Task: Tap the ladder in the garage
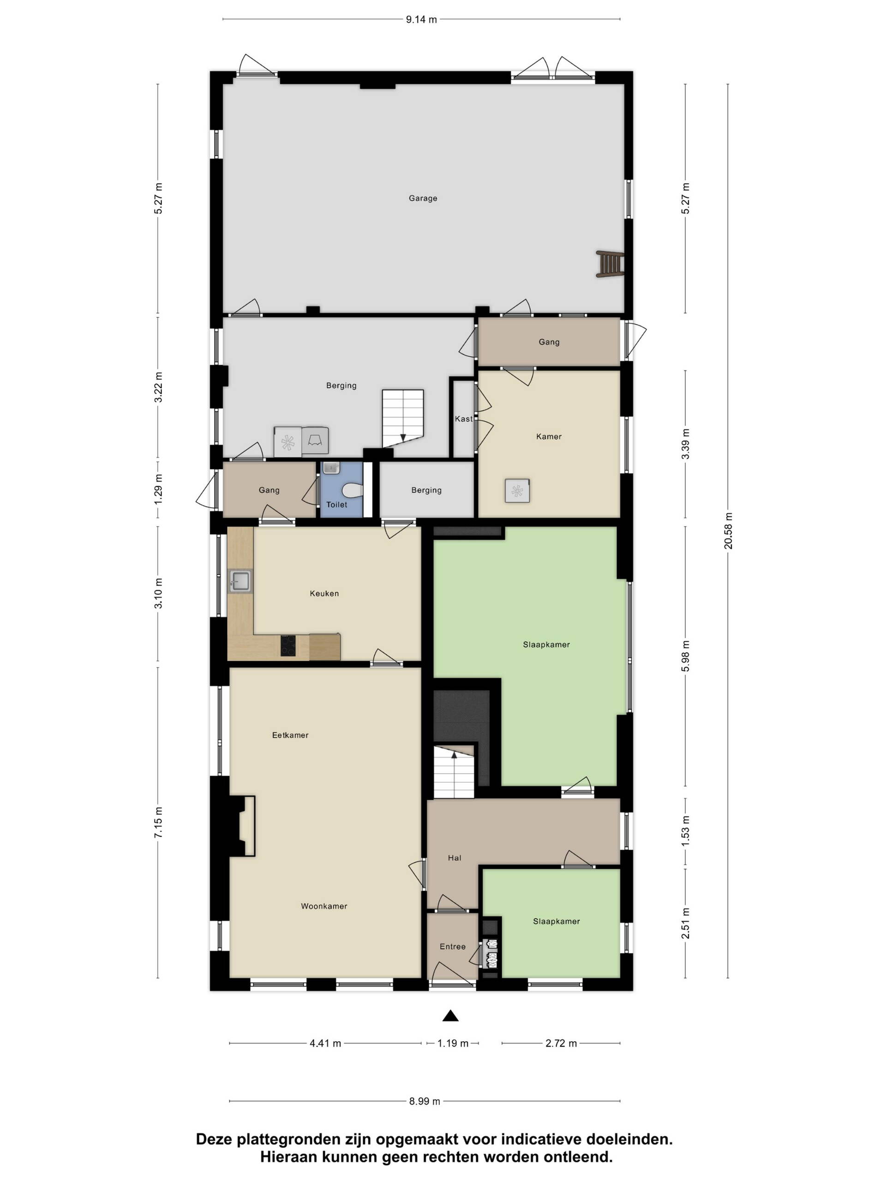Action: click(610, 264)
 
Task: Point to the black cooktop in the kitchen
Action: click(288, 645)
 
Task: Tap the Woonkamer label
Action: click(323, 906)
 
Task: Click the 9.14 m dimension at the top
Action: click(421, 20)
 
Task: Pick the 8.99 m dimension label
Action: click(425, 1101)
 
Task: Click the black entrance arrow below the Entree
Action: click(451, 1015)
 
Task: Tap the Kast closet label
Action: click(464, 419)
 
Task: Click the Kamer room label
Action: click(549, 436)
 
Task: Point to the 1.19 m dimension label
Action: click(453, 1043)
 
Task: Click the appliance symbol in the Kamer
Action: click(517, 491)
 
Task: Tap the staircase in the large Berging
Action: click(403, 418)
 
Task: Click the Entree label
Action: click(452, 947)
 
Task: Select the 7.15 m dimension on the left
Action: click(158, 823)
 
